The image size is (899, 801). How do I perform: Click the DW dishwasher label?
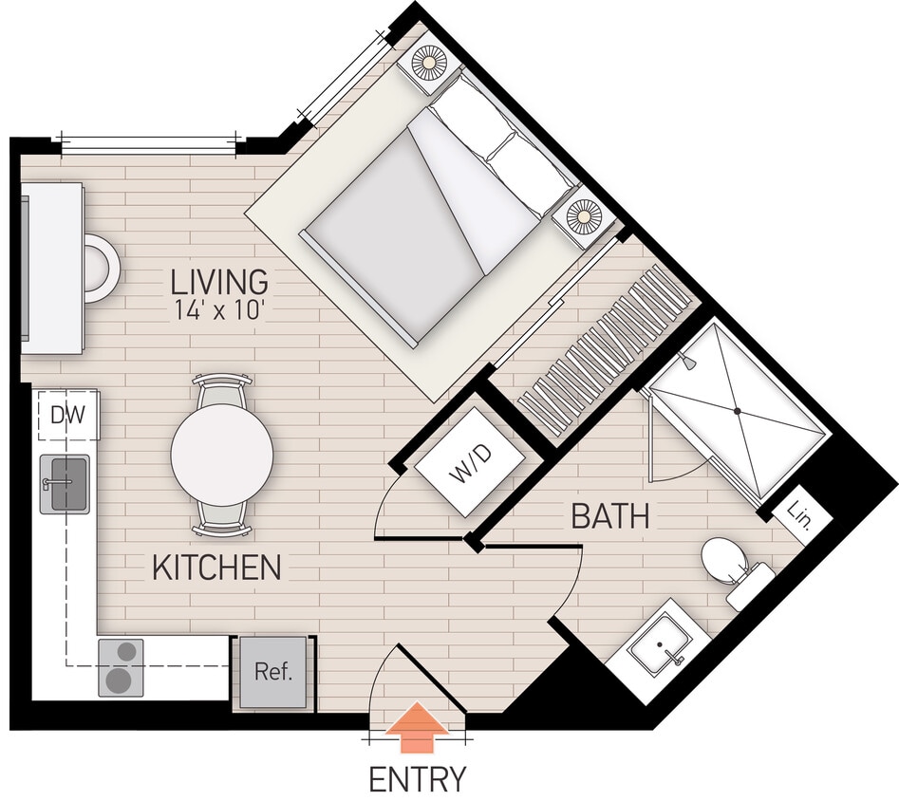[67, 414]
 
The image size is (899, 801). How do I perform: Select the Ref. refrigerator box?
[273, 672]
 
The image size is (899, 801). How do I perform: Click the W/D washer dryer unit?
[471, 463]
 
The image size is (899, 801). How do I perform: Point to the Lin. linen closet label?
[798, 515]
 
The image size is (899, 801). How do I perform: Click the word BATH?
[610, 517]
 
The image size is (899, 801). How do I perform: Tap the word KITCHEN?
[216, 568]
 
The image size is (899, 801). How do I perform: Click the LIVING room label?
[218, 282]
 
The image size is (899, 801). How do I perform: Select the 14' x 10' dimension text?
[219, 310]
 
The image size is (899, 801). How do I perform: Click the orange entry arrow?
[418, 724]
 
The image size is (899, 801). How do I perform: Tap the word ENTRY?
[418, 779]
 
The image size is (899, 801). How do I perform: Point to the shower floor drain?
[737, 411]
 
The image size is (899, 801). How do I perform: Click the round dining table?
[222, 455]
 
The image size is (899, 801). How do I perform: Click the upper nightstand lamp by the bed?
[428, 63]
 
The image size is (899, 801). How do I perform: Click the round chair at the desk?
[100, 269]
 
